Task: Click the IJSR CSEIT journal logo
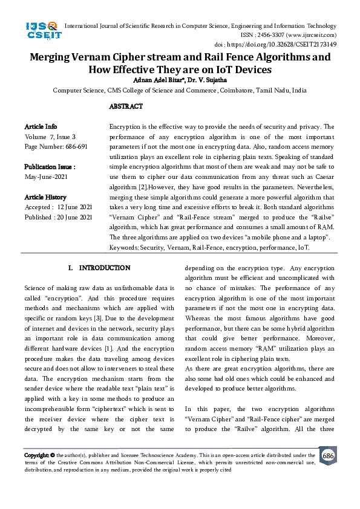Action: [x=42, y=30]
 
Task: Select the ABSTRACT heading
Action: [x=126, y=106]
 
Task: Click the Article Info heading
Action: [x=41, y=126]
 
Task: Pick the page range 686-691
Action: [x=74, y=146]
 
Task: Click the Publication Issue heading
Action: [x=50, y=167]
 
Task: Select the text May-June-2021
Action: [x=46, y=177]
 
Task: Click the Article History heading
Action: [x=45, y=197]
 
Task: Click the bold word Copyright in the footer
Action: [x=36, y=455]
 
